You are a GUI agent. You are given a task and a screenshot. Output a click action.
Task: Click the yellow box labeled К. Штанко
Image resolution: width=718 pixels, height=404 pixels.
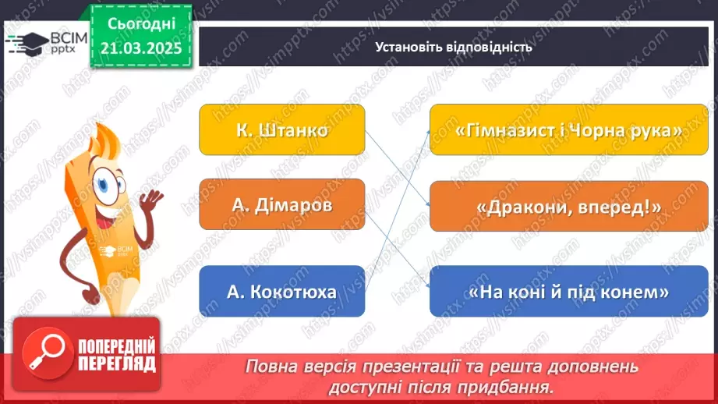(282, 129)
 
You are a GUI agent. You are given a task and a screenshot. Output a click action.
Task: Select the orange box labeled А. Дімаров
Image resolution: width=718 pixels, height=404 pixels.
(282, 204)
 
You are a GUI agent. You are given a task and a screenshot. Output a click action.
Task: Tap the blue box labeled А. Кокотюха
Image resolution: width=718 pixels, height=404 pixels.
(282, 292)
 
